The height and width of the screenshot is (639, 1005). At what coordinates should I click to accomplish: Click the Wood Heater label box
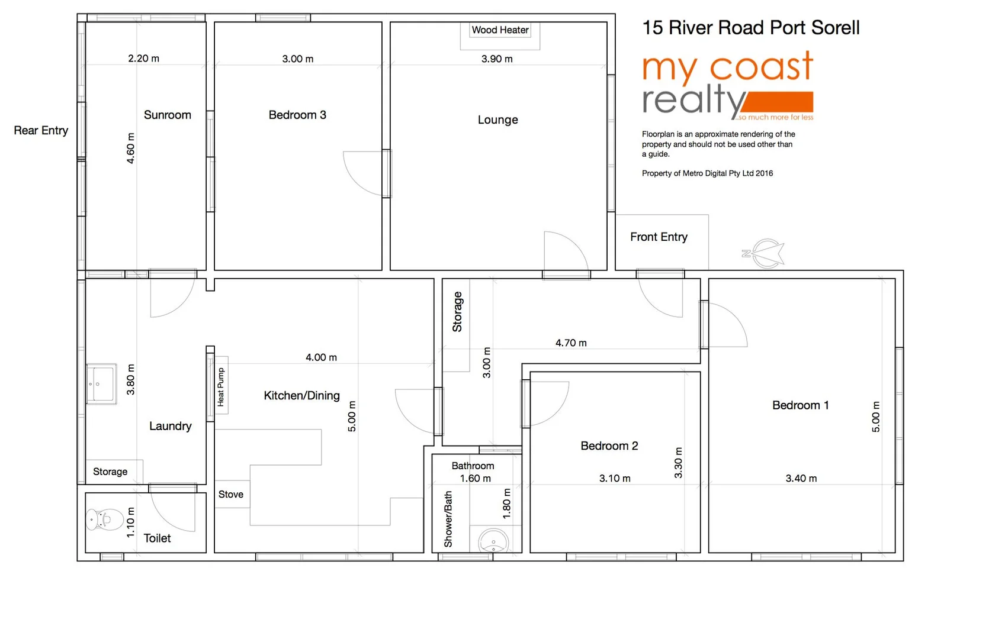tap(500, 30)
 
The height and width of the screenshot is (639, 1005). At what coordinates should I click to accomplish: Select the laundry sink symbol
tap(101, 384)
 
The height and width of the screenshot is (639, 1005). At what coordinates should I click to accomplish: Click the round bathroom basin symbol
tap(493, 541)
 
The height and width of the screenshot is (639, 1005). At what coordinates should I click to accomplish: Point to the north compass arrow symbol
tap(766, 253)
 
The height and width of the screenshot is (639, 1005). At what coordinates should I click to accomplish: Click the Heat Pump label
tap(221, 386)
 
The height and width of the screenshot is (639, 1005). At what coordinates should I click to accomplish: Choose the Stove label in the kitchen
tap(230, 495)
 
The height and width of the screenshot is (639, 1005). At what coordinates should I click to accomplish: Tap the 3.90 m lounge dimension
tap(497, 59)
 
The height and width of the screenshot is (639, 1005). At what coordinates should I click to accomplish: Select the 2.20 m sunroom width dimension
tap(143, 59)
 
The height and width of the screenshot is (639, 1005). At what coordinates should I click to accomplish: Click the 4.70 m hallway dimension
tap(571, 343)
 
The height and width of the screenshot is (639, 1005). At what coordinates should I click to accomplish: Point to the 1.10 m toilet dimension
tap(131, 522)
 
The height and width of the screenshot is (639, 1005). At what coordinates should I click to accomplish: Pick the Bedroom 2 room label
tap(609, 446)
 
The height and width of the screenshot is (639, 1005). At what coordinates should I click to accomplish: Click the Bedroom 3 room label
tap(297, 115)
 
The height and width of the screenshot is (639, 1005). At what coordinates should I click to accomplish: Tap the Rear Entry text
tap(41, 130)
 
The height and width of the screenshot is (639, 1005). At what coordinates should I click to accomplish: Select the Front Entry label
tap(659, 237)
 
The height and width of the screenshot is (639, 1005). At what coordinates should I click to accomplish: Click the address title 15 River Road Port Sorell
tap(750, 28)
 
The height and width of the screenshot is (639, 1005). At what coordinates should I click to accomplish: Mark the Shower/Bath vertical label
tap(448, 519)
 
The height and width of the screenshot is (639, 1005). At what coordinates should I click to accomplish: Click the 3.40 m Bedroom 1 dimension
tap(801, 479)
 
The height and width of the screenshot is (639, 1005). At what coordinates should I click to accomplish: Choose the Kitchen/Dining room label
tap(301, 396)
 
